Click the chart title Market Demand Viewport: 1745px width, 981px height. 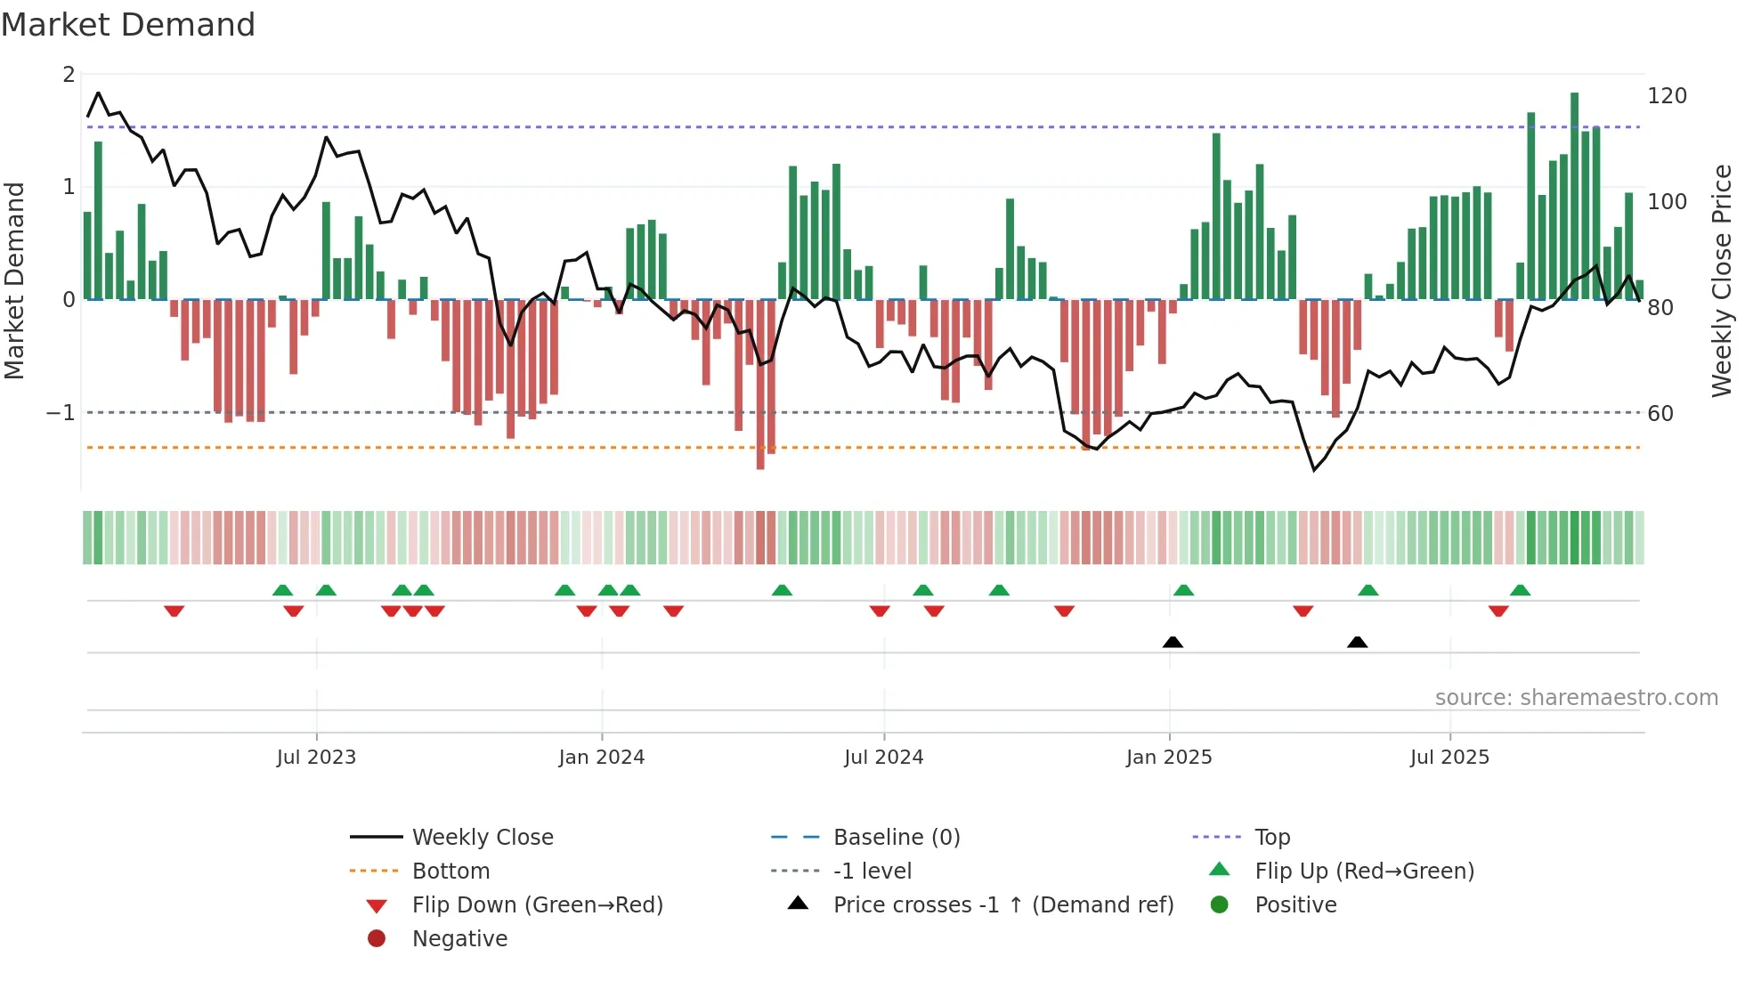pyautogui.click(x=128, y=25)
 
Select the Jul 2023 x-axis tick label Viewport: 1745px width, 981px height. pyautogui.click(x=316, y=758)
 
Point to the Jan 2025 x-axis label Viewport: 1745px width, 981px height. pyautogui.click(x=1168, y=758)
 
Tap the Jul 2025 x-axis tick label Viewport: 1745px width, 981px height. pyautogui.click(x=1449, y=758)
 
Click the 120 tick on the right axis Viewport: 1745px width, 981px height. pyautogui.click(x=1667, y=96)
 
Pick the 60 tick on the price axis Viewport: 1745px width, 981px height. pyautogui.click(x=1660, y=414)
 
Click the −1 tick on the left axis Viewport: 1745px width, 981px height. pyautogui.click(x=61, y=413)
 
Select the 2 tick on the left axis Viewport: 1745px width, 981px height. pyautogui.click(x=69, y=75)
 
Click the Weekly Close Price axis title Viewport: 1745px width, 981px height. pyautogui.click(x=1722, y=280)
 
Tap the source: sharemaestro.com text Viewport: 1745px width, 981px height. pyautogui.click(x=1576, y=698)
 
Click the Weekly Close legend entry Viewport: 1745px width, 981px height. pyautogui.click(x=482, y=838)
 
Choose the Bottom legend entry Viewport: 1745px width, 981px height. pyautogui.click(x=450, y=872)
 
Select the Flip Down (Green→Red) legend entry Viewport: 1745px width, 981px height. pyautogui.click(x=537, y=905)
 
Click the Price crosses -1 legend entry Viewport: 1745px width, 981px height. pyautogui.click(x=1002, y=905)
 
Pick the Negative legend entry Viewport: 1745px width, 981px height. pyautogui.click(x=459, y=939)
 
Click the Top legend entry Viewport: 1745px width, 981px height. pyautogui.click(x=1271, y=838)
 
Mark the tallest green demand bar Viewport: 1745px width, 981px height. pyautogui.click(x=1574, y=196)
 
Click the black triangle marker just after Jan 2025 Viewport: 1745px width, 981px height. pyautogui.click(x=1173, y=642)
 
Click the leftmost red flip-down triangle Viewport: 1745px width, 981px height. pyautogui.click(x=174, y=611)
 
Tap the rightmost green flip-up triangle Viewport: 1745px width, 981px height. pyautogui.click(x=1520, y=590)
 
